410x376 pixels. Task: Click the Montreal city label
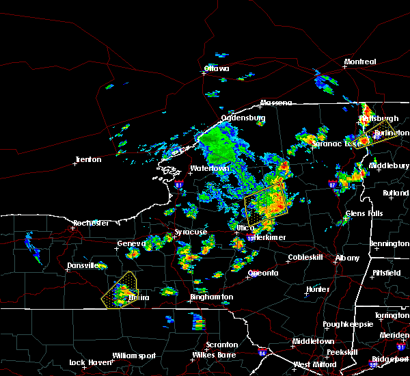pyautogui.click(x=359, y=62)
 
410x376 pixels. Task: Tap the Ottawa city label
pyautogui.click(x=217, y=68)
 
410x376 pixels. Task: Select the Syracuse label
pyautogui.click(x=191, y=232)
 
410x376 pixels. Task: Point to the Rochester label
pyautogui.click(x=91, y=224)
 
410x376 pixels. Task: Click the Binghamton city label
pyautogui.click(x=212, y=297)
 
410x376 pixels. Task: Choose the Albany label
pyautogui.click(x=346, y=258)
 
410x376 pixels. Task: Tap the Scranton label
pyautogui.click(x=222, y=345)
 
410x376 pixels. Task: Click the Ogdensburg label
pyautogui.click(x=243, y=118)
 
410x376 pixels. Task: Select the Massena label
pyautogui.click(x=275, y=103)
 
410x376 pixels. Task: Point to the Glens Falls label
pyautogui.click(x=364, y=214)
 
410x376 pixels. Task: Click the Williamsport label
pyautogui.click(x=134, y=355)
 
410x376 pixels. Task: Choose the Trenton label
pyautogui.click(x=87, y=159)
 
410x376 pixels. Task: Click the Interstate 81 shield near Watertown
pyautogui.click(x=178, y=184)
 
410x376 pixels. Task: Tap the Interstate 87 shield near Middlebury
pyautogui.click(x=333, y=185)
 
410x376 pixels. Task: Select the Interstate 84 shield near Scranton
pyautogui.click(x=262, y=353)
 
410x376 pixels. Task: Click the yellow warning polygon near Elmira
pyautogui.click(x=118, y=288)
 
